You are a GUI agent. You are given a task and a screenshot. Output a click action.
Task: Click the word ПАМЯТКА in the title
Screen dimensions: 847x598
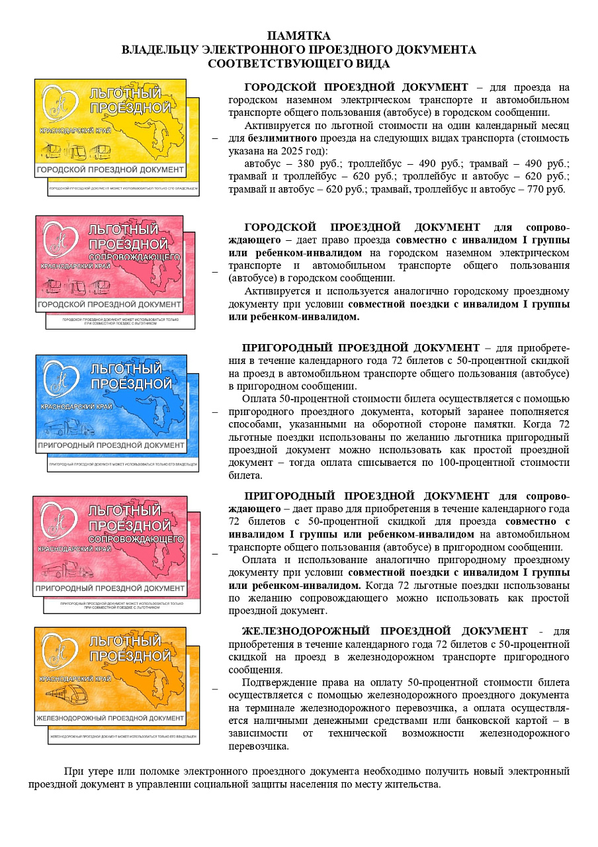[x=298, y=36]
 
